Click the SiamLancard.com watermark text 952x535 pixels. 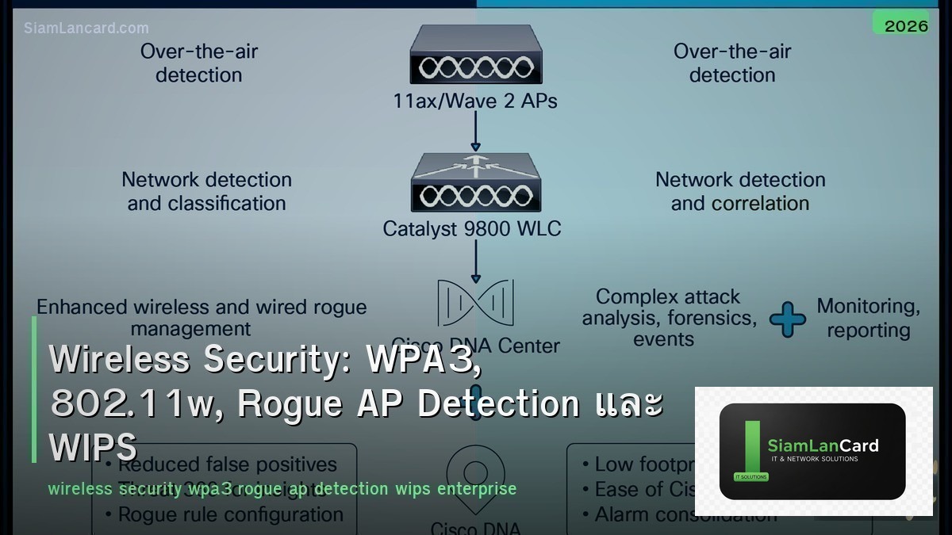tap(86, 28)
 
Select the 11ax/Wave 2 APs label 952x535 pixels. tap(474, 101)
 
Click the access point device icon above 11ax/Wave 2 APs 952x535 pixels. tap(475, 55)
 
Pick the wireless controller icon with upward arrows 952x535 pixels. tap(475, 184)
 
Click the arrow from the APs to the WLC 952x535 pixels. tap(475, 131)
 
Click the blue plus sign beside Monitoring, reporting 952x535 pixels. tap(787, 319)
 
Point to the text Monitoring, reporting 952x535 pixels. tap(869, 318)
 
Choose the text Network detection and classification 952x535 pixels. tap(206, 191)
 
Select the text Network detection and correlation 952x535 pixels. tap(740, 191)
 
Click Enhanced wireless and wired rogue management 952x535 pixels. tap(202, 317)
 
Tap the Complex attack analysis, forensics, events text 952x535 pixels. tap(668, 318)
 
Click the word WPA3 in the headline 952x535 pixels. tap(422, 360)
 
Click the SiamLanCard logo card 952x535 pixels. tap(812, 451)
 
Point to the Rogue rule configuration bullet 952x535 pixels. tap(230, 514)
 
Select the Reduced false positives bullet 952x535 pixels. tap(227, 464)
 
